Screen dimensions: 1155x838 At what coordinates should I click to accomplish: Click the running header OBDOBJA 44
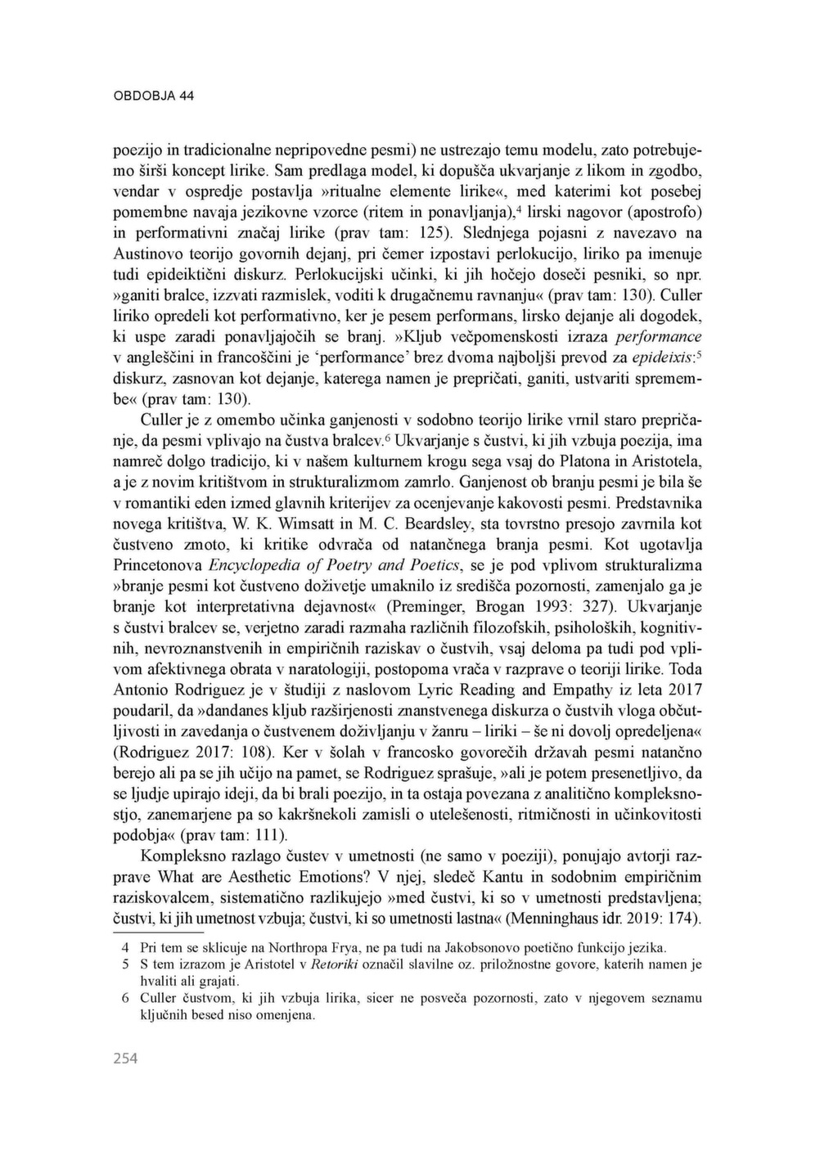(x=153, y=96)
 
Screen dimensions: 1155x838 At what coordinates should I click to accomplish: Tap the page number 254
(x=125, y=1058)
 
